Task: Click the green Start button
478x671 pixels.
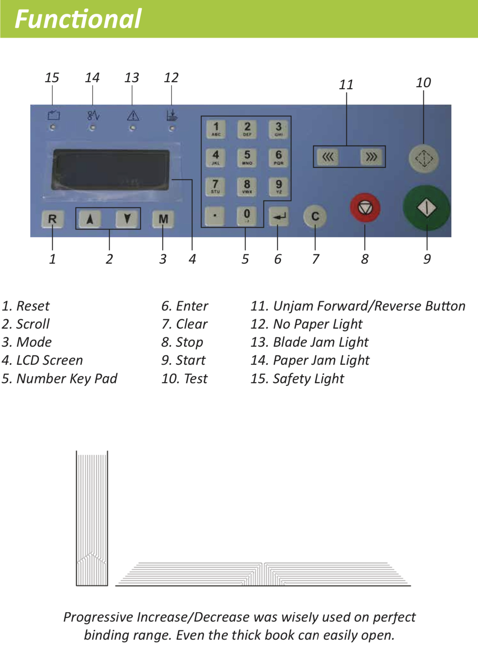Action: click(426, 208)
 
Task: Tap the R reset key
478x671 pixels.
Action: click(53, 219)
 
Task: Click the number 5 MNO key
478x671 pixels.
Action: click(247, 157)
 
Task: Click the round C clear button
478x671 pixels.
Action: click(315, 217)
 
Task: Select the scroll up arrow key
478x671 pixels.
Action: click(90, 219)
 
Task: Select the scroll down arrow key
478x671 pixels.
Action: click(127, 219)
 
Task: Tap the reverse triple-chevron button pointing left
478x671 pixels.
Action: click(328, 157)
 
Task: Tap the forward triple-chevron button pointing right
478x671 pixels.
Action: click(371, 157)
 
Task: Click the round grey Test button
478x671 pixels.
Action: click(424, 158)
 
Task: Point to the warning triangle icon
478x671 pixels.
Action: click(133, 116)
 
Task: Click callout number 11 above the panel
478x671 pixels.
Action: click(346, 85)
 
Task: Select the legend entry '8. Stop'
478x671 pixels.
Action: click(182, 342)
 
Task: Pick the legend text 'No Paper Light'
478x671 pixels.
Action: click(317, 324)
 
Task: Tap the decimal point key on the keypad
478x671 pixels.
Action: click(215, 216)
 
